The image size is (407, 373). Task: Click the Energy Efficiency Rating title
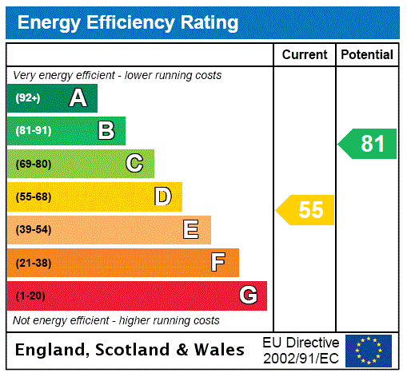coord(128,22)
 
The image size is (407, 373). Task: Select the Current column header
coord(305,54)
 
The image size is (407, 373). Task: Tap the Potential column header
coord(367,54)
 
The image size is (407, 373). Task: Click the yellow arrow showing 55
coord(306,210)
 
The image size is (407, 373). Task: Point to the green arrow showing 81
coord(369,144)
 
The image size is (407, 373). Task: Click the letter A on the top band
coord(78,98)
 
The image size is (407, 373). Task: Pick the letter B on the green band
coord(106,131)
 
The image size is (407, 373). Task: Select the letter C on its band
coord(134,164)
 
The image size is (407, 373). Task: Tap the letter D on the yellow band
coord(162,196)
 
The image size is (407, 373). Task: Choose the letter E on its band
coord(191,230)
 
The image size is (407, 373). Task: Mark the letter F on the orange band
coord(218,263)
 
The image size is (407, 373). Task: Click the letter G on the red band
coord(248,296)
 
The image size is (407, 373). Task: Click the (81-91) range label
coord(33,131)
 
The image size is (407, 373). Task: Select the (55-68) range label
coord(33,196)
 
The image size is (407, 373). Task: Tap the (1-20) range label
coord(30,296)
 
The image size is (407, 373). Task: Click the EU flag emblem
coord(369,350)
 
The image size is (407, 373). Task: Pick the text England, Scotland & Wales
coord(130,350)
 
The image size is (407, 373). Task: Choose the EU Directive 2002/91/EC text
coord(301,350)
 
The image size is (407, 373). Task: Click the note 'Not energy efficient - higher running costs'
coord(116,320)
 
